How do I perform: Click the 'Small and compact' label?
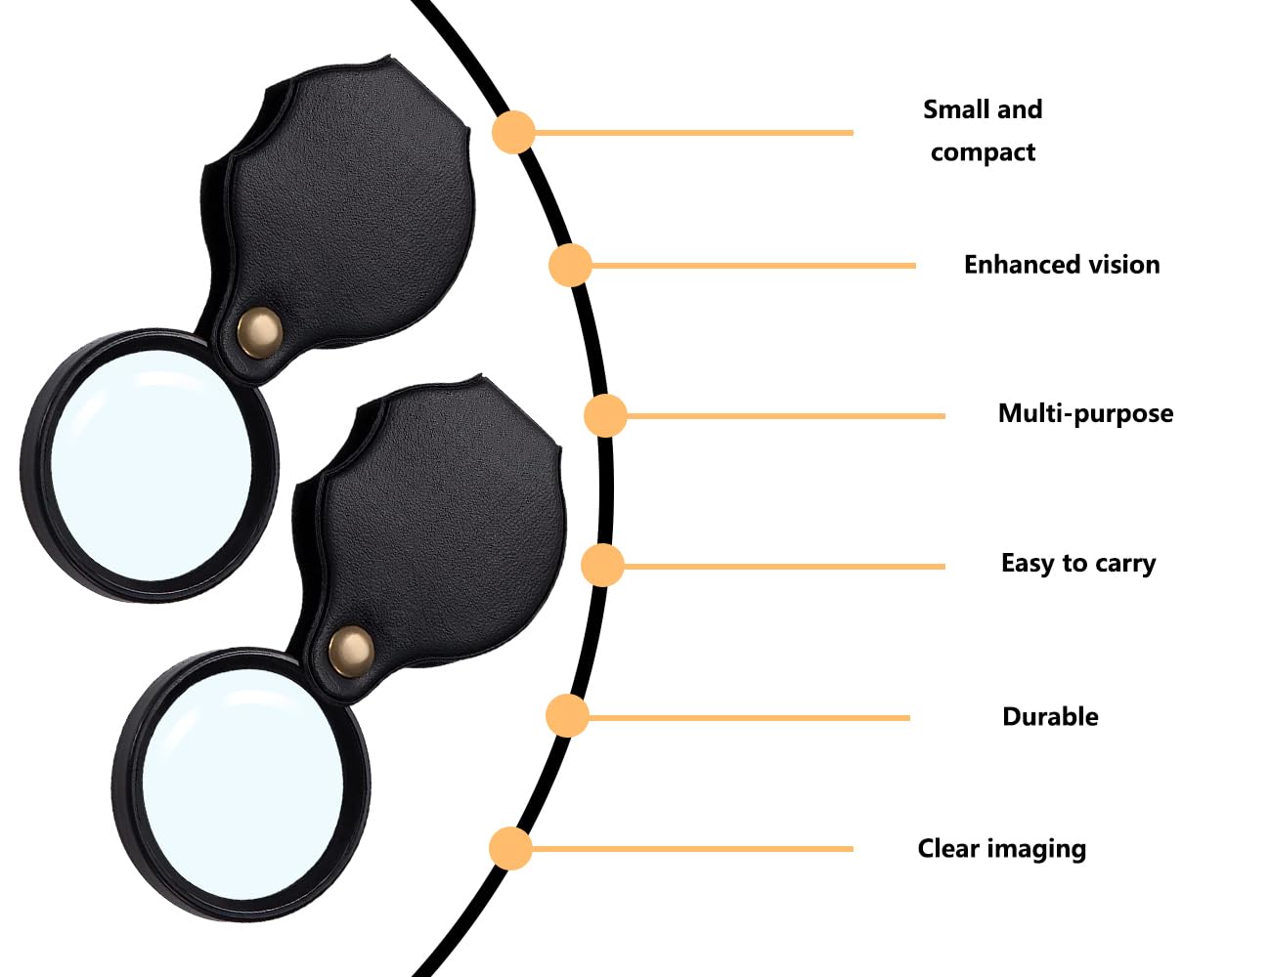(x=983, y=130)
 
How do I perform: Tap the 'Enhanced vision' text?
(x=1062, y=265)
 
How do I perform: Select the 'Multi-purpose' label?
(x=1085, y=413)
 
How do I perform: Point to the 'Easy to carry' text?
(x=1078, y=564)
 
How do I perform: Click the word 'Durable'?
(x=1050, y=717)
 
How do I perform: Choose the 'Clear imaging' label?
(x=1001, y=849)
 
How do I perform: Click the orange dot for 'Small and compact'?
(x=513, y=132)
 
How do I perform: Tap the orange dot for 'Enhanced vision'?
(x=570, y=265)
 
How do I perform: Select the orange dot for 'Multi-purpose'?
(x=605, y=415)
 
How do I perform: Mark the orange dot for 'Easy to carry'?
(x=602, y=566)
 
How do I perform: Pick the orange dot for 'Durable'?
(x=567, y=716)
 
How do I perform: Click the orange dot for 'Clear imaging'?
(x=510, y=848)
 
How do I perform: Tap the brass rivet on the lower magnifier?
(x=350, y=651)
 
